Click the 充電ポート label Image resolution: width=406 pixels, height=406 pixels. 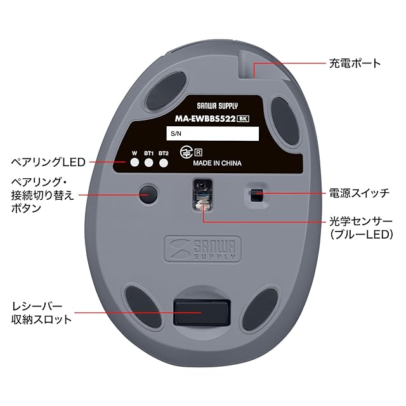[x=355, y=63]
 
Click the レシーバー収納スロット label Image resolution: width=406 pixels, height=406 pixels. [x=43, y=312]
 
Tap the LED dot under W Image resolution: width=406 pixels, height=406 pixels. [x=134, y=163]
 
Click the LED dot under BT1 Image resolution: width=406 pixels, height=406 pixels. [x=149, y=163]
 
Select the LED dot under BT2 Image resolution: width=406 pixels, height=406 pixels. [x=164, y=163]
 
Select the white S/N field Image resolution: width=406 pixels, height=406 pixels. [x=213, y=134]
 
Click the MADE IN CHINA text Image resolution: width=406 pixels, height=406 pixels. [x=217, y=162]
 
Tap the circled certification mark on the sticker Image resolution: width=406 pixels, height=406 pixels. [x=186, y=152]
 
